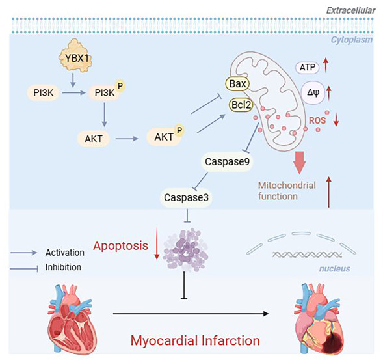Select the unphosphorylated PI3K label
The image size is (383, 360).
tap(43, 92)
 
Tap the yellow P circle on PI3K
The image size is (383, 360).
tap(120, 86)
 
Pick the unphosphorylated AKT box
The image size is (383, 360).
tap(93, 139)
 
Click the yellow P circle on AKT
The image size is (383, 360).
tap(179, 130)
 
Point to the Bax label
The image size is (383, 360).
tap(237, 83)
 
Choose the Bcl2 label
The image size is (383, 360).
tap(241, 105)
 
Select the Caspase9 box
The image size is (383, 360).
tap(227, 161)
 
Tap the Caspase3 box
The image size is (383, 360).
tap(186, 198)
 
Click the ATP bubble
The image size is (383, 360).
tap(308, 68)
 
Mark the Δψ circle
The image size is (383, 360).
tap(313, 92)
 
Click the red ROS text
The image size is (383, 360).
tap(317, 120)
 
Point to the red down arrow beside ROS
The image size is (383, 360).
tap(336, 119)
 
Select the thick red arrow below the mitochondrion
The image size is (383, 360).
tap(300, 163)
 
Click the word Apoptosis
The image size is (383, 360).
tap(121, 245)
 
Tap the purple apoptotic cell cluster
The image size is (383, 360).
tap(185, 250)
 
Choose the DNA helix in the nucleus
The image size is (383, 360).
tap(307, 255)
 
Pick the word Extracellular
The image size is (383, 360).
tap(350, 10)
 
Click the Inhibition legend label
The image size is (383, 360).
tap(63, 267)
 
